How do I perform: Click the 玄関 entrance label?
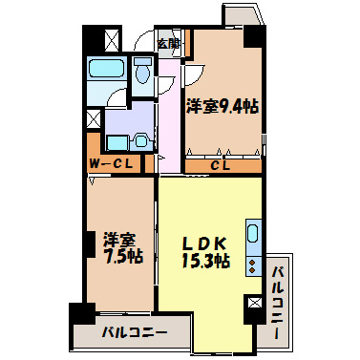click(x=168, y=43)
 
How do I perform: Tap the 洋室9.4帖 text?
click(x=222, y=107)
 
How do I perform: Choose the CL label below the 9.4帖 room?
click(x=221, y=164)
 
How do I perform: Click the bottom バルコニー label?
click(x=135, y=333)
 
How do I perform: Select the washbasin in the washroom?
click(x=140, y=140)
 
